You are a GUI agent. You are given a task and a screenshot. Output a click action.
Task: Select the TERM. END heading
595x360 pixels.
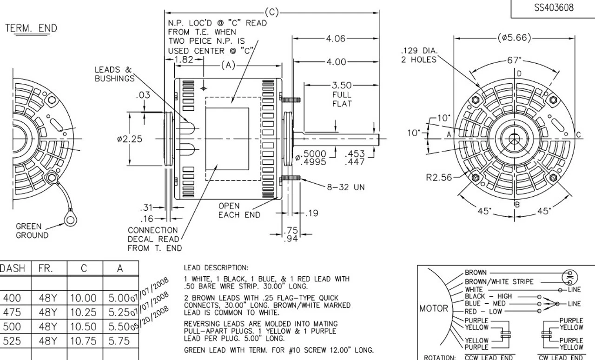coord(31,28)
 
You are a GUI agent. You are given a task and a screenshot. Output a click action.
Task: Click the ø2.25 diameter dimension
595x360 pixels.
coord(130,139)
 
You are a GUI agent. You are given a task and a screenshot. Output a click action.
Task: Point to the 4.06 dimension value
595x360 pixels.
coord(335,39)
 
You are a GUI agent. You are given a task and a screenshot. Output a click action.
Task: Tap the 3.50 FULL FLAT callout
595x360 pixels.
coord(342,94)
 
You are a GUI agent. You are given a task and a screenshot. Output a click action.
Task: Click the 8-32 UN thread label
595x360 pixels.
coord(347,187)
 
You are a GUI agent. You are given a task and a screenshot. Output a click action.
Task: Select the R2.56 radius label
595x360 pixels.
coord(439,177)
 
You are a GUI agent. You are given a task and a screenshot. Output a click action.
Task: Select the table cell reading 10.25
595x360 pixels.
coord(83,312)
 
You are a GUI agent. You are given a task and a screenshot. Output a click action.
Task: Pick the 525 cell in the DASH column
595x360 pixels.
coord(13,341)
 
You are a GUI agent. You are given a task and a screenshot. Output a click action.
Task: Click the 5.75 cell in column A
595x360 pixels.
coord(119,341)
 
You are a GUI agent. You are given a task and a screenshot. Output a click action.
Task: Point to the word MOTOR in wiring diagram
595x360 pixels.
coord(434,308)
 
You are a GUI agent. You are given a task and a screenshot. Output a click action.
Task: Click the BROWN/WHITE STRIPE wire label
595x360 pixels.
coord(499,282)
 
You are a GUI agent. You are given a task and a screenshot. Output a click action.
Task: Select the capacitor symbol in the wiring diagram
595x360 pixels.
coord(568,276)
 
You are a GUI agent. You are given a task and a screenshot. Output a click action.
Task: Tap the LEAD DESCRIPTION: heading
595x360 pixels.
coord(216,268)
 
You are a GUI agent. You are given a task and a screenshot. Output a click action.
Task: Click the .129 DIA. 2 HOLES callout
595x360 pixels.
coord(419,55)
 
